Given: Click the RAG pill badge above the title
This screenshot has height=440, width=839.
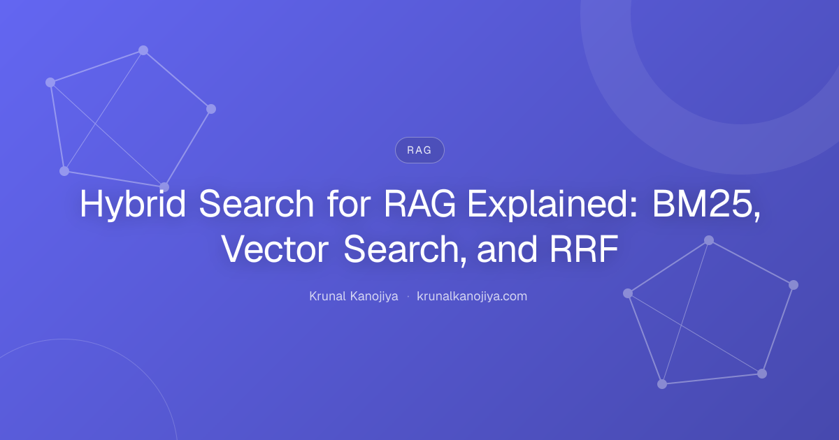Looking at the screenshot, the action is pos(419,150).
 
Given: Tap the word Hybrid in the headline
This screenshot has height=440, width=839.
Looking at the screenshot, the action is pos(133,204).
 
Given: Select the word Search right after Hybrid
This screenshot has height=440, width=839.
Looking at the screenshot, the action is pos(256,203).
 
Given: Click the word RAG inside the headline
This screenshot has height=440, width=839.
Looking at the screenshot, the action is pos(420,203).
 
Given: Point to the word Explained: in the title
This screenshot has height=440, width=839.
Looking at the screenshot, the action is pos(552,204).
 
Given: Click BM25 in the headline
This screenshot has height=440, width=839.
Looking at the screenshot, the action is pos(706,204).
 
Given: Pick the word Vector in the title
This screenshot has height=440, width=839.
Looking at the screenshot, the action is pos(275,249).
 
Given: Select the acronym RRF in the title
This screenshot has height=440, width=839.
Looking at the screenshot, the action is pos(584,249).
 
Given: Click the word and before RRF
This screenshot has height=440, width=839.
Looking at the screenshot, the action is pos(508,249).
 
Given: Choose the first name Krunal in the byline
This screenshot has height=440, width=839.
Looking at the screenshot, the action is pos(327,296).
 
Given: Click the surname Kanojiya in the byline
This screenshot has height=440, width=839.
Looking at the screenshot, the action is pos(374,296).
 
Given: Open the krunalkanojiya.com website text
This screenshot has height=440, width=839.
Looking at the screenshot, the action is pos(472,296).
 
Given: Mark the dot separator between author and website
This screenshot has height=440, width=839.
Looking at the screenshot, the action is pos(408,297).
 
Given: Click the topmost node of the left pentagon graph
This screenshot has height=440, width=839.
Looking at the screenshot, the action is pos(143,50).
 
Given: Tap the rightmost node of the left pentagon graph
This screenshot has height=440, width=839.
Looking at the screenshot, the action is pos(211,109).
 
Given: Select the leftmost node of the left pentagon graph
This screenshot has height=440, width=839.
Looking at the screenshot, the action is pos(50,82).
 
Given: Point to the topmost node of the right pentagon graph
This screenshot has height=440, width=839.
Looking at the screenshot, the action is pos(709,240).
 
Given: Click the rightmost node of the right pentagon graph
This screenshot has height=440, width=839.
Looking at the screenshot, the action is pos(794,285).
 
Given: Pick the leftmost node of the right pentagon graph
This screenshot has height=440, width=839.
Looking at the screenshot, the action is pos(628,293).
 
